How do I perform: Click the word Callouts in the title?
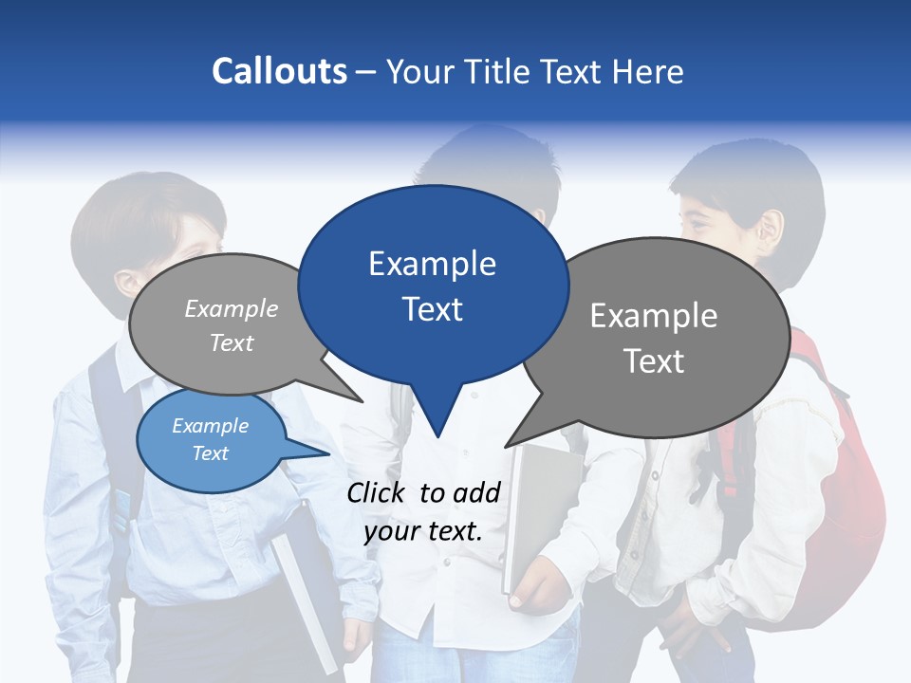click(280, 71)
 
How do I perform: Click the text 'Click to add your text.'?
click(423, 511)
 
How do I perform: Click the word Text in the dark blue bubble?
click(433, 309)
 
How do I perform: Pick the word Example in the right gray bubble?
click(654, 316)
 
